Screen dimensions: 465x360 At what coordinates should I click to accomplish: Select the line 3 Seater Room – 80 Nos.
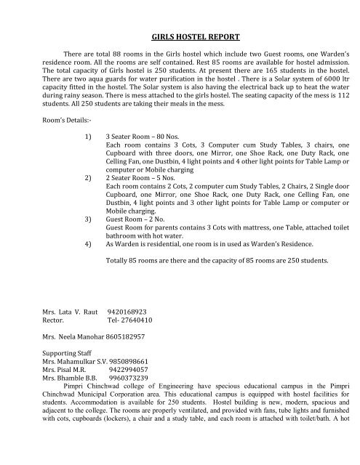146,165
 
